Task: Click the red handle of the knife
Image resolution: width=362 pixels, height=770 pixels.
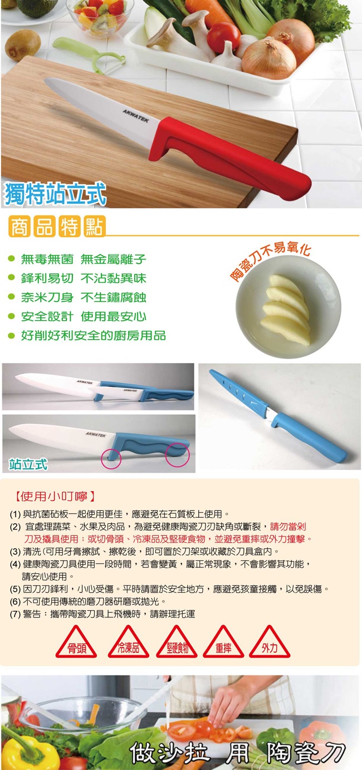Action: (227, 155)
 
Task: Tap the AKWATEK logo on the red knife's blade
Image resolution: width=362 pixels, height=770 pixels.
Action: (136, 116)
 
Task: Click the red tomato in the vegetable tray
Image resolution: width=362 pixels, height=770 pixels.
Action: (223, 37)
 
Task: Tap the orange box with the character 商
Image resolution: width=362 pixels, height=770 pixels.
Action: (20, 227)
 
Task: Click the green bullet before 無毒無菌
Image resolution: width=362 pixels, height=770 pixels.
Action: (12, 259)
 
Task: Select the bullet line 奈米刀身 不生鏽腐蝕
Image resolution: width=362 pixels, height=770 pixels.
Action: (84, 297)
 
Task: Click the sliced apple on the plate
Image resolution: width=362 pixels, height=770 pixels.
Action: (286, 310)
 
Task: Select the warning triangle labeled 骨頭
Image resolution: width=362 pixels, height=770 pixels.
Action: (76, 644)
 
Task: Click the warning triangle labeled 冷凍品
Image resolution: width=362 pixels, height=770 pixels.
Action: (128, 644)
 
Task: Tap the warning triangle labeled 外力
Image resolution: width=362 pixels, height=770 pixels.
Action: (270, 644)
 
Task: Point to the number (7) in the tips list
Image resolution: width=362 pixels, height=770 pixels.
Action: (16, 614)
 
